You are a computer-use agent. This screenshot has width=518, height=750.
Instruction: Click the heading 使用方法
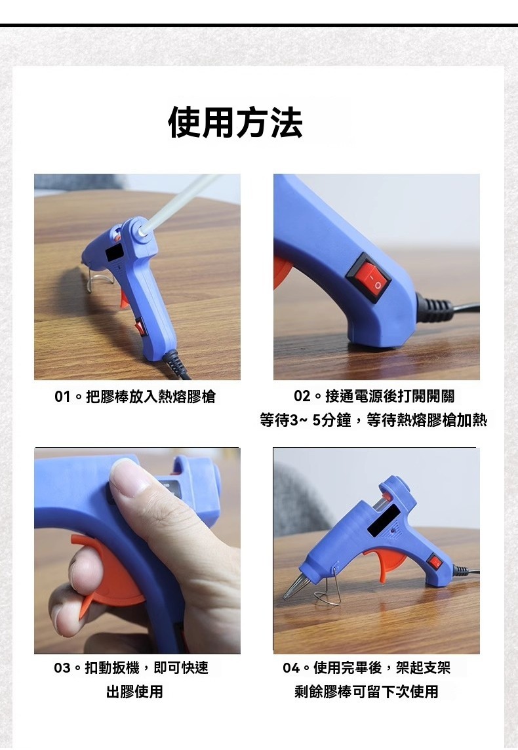tap(235, 123)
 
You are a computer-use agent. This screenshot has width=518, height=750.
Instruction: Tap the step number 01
tap(62, 397)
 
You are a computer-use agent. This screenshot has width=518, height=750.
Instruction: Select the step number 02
tap(302, 396)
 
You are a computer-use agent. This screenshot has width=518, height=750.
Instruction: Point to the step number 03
tap(62, 668)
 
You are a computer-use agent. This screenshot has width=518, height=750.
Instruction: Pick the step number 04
tap(291, 668)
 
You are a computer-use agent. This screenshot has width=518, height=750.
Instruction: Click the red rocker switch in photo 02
tap(369, 277)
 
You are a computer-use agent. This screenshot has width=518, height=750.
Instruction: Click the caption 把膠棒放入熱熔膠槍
tap(151, 397)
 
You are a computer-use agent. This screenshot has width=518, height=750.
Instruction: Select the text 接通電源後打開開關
tap(390, 396)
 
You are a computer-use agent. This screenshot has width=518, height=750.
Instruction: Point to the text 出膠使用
tap(134, 692)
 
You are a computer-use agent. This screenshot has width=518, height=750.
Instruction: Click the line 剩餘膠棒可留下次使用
tap(367, 692)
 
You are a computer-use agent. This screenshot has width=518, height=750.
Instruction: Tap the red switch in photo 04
tap(435, 562)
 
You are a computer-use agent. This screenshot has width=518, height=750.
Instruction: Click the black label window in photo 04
tap(384, 521)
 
